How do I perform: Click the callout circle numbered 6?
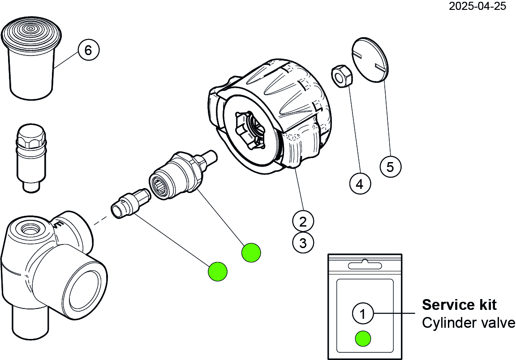point(88,50)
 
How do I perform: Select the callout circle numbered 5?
point(390,167)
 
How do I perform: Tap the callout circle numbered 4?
point(360,184)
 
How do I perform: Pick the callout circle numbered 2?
point(303,221)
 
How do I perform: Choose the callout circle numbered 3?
point(303,243)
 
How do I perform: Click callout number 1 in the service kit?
point(363,314)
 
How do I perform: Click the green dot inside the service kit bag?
point(363,339)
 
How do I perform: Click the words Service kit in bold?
point(459,305)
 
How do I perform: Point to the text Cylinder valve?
point(468,323)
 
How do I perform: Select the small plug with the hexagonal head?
point(31,157)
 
